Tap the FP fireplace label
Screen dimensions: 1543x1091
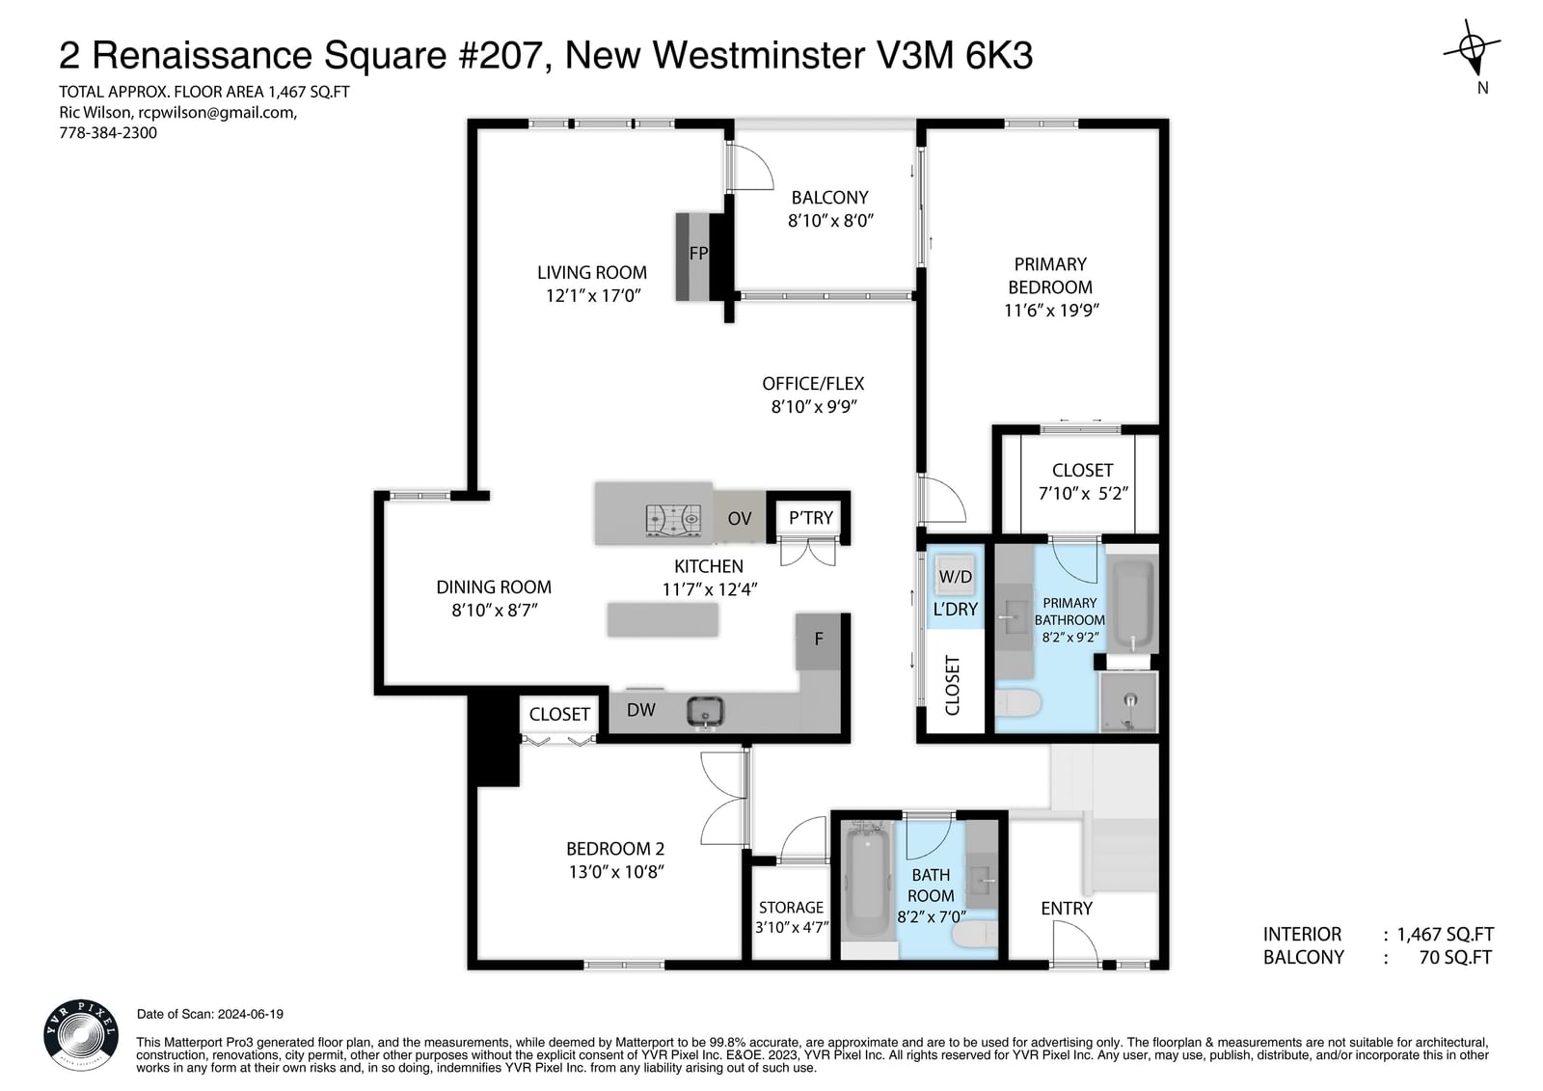[x=698, y=254]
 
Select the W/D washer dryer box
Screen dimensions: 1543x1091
[x=955, y=576]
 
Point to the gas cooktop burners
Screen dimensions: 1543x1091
[x=674, y=520]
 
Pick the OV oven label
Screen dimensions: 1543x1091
[x=739, y=518]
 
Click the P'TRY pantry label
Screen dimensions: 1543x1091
[x=811, y=518]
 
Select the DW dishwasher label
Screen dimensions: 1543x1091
[x=640, y=710]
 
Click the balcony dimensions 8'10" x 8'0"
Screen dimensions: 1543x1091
[x=830, y=221]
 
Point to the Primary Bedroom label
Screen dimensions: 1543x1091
[x=1050, y=276]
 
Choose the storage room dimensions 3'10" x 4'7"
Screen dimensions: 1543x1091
[x=792, y=928]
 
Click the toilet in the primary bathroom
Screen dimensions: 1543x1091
[x=1018, y=703]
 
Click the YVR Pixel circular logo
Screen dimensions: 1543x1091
[x=81, y=1035]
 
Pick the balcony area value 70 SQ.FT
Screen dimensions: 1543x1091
[x=1455, y=957]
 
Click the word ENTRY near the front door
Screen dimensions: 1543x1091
[x=1067, y=909]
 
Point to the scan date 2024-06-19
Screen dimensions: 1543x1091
[x=250, y=1014]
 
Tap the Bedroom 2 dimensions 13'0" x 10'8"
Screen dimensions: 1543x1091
[x=616, y=872]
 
